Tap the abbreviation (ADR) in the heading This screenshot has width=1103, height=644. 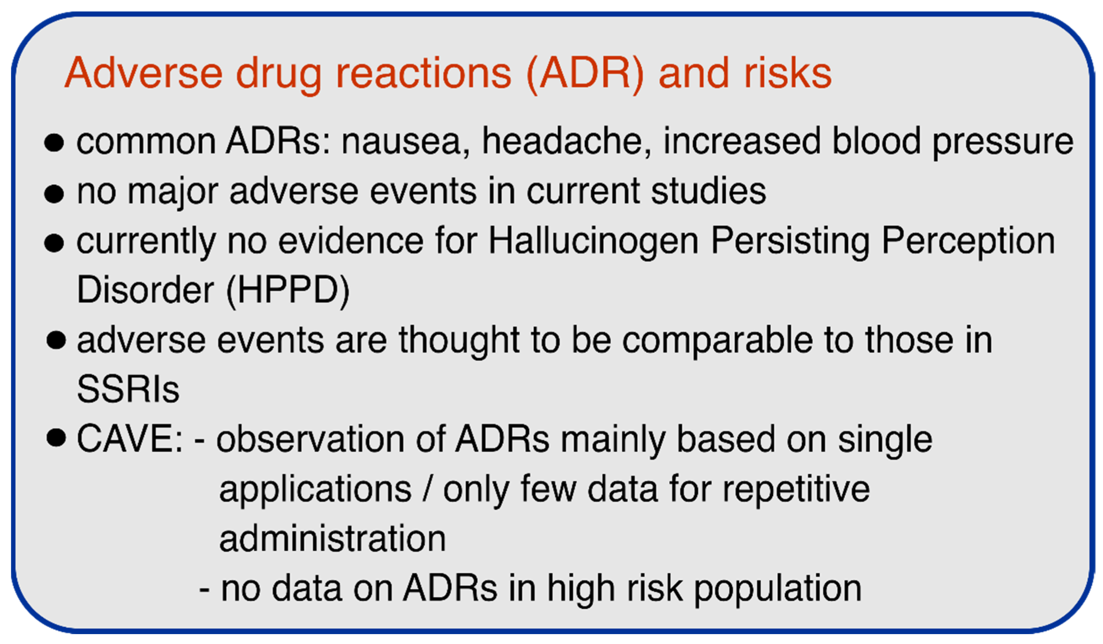pyautogui.click(x=585, y=74)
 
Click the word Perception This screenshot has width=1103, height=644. pyautogui.click(x=968, y=242)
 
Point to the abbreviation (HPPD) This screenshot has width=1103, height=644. pyautogui.click(x=288, y=291)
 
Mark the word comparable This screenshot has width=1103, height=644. pyautogui.click(x=718, y=342)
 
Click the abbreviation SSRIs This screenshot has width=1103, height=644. pyautogui.click(x=128, y=390)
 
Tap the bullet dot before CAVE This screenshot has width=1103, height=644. pyautogui.click(x=56, y=438)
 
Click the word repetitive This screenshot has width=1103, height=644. pyautogui.click(x=796, y=490)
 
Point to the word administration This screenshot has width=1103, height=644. pyautogui.click(x=332, y=539)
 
